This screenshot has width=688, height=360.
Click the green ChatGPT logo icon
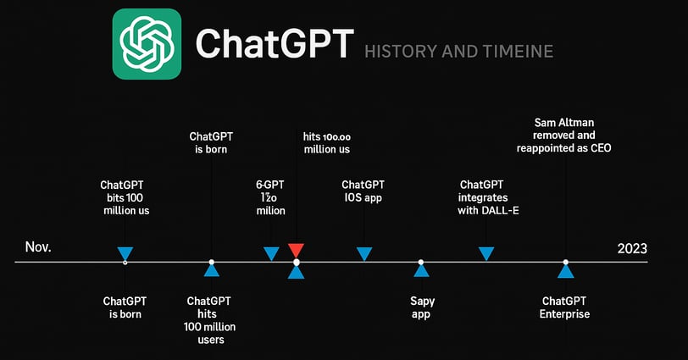click(x=147, y=44)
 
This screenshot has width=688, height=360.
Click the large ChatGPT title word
click(x=275, y=44)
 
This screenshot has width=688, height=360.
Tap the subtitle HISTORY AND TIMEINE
click(x=458, y=52)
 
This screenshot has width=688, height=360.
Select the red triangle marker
click(x=296, y=251)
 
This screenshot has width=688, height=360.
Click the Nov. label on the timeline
click(x=38, y=246)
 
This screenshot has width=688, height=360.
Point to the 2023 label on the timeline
click(x=632, y=249)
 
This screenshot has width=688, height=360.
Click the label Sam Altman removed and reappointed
click(x=563, y=135)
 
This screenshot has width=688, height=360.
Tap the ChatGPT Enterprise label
click(x=564, y=307)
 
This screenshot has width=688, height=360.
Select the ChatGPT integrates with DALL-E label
click(x=488, y=197)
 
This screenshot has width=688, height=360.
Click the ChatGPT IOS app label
click(x=363, y=191)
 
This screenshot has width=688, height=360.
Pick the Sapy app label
click(x=422, y=307)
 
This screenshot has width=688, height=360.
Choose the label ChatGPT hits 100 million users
click(x=210, y=320)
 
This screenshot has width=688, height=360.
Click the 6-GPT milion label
click(x=270, y=197)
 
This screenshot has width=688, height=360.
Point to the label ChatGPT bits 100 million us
click(x=125, y=197)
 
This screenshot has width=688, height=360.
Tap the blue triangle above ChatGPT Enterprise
click(x=566, y=271)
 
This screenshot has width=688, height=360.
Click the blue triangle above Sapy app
click(x=421, y=270)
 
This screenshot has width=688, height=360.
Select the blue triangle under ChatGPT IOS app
click(x=364, y=254)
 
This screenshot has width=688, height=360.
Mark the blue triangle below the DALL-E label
click(x=486, y=254)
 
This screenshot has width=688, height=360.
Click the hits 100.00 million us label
click(x=327, y=143)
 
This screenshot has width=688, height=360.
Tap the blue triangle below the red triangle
click(x=297, y=272)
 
